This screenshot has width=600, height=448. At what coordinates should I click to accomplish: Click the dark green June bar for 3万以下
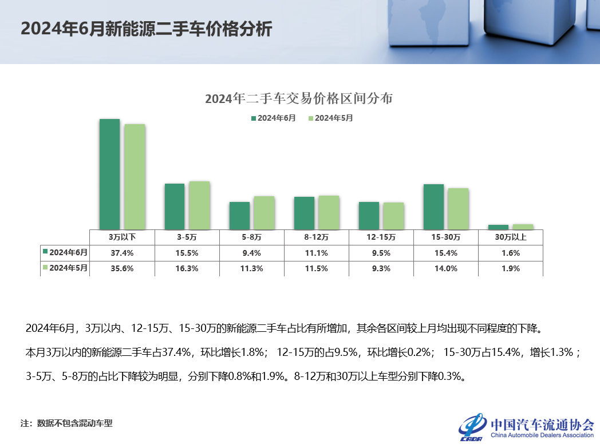tap(109, 174)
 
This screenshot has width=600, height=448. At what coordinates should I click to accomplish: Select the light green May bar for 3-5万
tap(199, 205)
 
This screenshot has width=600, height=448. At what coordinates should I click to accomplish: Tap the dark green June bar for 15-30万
tap(433, 206)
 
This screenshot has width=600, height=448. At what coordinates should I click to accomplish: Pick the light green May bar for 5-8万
tap(264, 212)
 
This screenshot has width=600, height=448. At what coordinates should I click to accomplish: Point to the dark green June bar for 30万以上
tap(498, 227)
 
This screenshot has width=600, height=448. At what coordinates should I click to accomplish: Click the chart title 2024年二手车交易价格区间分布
tap(299, 98)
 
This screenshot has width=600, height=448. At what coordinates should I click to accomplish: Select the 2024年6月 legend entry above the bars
tap(273, 118)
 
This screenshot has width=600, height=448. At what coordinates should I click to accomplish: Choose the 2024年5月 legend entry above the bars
tap(330, 118)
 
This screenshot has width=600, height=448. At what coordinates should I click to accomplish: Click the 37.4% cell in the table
tap(121, 253)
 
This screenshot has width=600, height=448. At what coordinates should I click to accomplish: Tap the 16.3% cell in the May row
tap(186, 268)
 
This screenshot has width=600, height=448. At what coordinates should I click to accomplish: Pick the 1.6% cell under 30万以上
tap(510, 253)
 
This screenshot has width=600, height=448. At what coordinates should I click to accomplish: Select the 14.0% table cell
tap(445, 268)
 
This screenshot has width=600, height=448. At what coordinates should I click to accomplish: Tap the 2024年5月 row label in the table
tap(65, 268)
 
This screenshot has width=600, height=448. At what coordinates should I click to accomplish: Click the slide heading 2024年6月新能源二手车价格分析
tap(146, 29)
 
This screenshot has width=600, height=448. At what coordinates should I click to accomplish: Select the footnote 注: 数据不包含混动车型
tap(66, 423)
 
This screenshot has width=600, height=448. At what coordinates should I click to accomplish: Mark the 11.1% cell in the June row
tap(316, 253)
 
